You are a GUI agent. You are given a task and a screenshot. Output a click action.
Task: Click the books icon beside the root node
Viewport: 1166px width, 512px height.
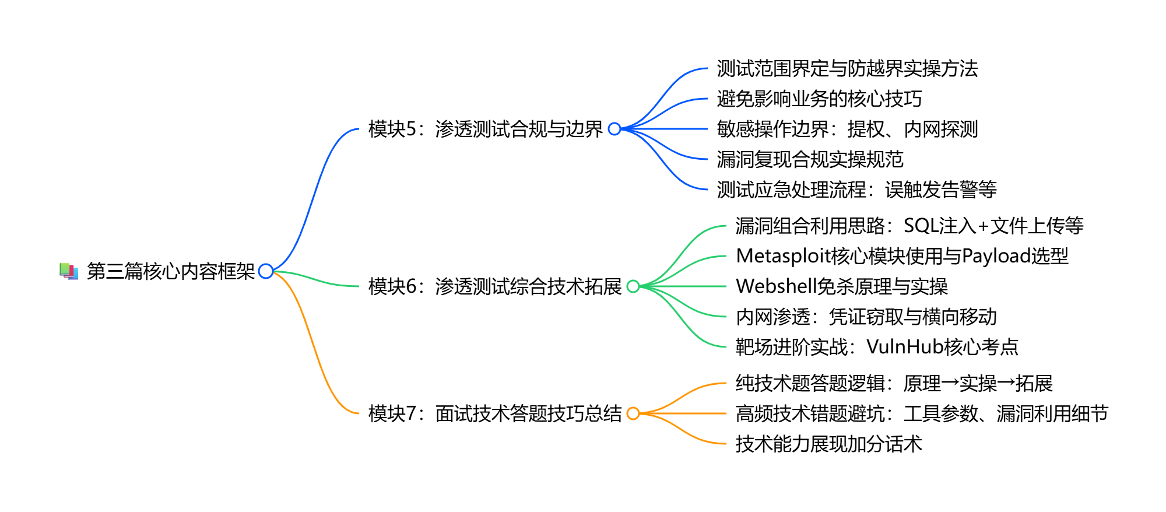(69, 271)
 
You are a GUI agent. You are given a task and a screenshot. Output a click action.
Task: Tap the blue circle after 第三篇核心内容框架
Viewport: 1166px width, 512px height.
(266, 271)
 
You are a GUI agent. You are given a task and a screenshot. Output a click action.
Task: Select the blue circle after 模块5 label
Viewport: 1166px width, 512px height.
(614, 129)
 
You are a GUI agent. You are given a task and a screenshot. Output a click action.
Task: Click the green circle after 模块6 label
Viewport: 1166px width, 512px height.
(633, 286)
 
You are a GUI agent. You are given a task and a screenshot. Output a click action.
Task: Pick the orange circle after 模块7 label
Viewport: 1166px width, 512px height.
(633, 413)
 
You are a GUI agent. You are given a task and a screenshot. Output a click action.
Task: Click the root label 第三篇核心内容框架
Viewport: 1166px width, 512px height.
(171, 271)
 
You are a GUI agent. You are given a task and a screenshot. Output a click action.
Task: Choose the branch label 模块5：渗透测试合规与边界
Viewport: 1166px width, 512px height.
(486, 129)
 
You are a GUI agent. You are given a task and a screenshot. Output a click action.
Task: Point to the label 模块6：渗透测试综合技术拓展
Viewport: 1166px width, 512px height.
(495, 286)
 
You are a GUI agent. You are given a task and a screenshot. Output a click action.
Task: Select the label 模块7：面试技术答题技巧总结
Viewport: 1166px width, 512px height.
(495, 413)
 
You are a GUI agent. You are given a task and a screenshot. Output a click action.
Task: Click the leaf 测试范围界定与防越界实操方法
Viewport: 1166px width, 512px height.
(847, 68)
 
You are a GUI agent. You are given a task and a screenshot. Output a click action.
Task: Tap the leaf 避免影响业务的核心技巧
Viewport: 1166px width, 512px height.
(819, 99)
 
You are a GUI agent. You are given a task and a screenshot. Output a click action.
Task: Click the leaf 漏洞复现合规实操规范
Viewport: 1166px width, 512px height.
(810, 159)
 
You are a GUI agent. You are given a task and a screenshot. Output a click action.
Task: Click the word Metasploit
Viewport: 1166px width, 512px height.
(784, 256)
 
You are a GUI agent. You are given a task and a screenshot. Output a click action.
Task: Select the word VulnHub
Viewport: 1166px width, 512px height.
(905, 347)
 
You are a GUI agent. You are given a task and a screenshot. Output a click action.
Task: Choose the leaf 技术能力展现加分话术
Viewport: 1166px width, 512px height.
(828, 444)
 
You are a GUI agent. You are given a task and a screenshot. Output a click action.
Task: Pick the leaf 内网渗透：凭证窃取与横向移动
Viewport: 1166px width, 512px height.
(866, 317)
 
